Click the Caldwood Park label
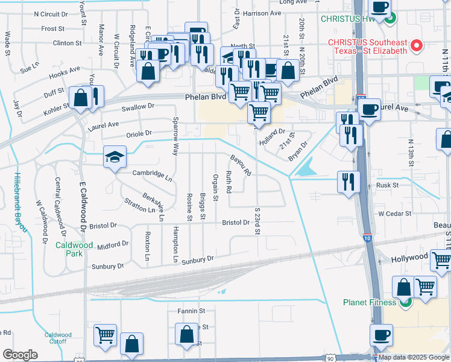pyautogui.click(x=73, y=249)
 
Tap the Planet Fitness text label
pyautogui.click(x=369, y=302)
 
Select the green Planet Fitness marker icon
pyautogui.click(x=405, y=303)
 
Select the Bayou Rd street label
pyautogui.click(x=239, y=165)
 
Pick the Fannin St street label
pyautogui.click(x=192, y=311)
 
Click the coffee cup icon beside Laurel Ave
pyautogui.click(x=369, y=109)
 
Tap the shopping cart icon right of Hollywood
pyautogui.click(x=441, y=259)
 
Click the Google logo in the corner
pyautogui.click(x=20, y=355)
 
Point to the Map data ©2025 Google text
pyautogui.click(x=413, y=357)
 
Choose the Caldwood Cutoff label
pyautogui.click(x=58, y=338)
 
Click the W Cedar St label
pyautogui.click(x=394, y=214)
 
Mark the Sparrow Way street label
pyautogui.click(x=175, y=137)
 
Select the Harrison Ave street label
pyautogui.click(x=263, y=13)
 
